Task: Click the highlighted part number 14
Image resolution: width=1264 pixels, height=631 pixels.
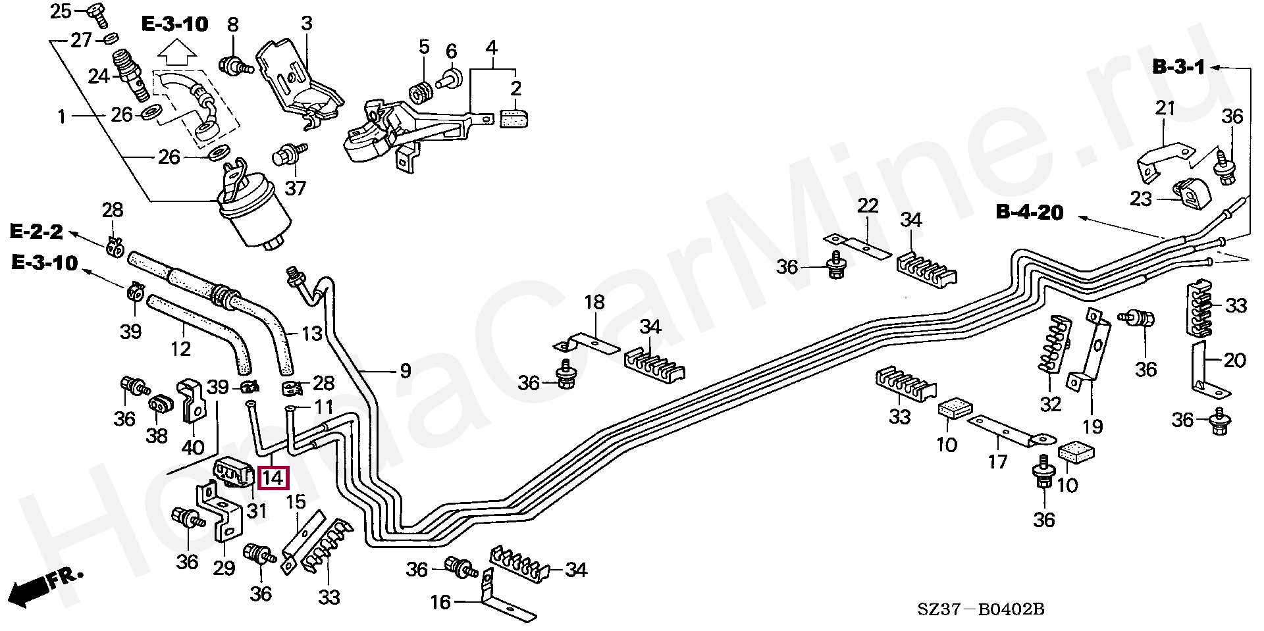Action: click(x=273, y=478)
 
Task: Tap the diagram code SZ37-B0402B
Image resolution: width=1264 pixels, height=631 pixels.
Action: click(x=981, y=609)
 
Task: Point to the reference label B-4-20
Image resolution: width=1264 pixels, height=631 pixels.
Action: click(x=1029, y=212)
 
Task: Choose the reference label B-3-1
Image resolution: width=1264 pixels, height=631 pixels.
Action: click(x=1178, y=67)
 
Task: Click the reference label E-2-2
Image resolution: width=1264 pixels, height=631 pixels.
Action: click(x=36, y=232)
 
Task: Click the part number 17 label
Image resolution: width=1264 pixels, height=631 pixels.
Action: click(x=997, y=461)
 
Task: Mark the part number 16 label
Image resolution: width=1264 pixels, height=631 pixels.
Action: click(x=440, y=602)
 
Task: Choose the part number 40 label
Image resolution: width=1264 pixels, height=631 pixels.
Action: click(x=192, y=448)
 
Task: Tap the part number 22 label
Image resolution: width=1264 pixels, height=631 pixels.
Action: click(x=868, y=206)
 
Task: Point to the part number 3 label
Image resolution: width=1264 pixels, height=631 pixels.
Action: click(x=306, y=24)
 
